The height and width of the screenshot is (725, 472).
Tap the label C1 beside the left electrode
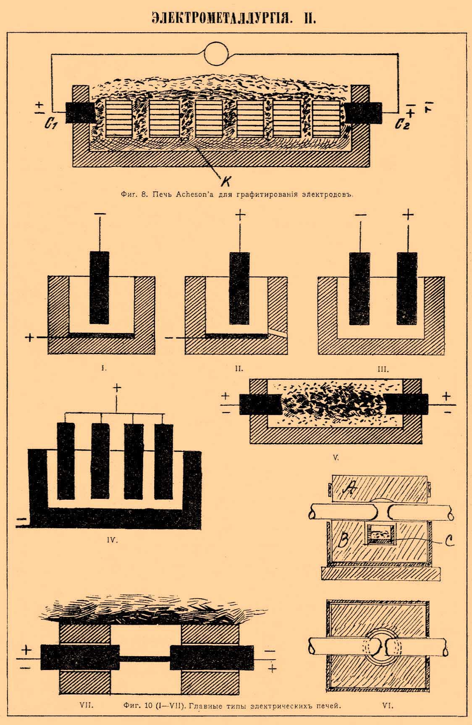pos(50,125)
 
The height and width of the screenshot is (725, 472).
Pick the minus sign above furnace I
pos(100,214)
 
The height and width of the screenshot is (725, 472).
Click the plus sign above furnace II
pos(240,215)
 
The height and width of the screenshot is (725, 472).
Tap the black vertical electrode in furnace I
pos(99,287)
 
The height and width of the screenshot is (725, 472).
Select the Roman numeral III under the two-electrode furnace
pos(383,370)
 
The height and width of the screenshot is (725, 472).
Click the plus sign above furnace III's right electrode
pos(408,215)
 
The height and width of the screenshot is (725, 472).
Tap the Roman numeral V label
pos(336,458)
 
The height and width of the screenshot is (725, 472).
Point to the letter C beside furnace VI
pos(449,542)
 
